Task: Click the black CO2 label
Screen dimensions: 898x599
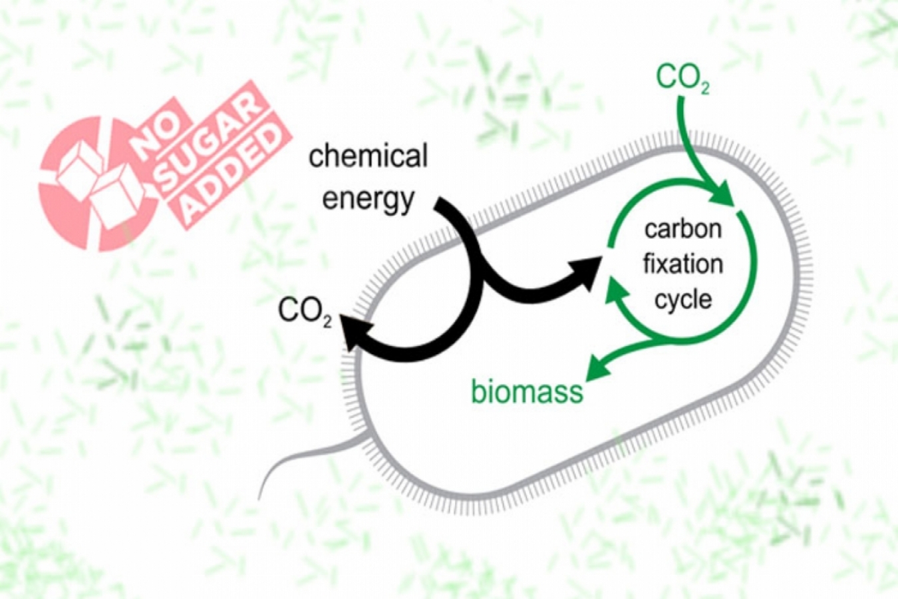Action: point(305,312)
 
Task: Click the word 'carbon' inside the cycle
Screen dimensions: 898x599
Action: point(683,229)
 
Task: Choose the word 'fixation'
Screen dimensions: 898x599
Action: point(683,264)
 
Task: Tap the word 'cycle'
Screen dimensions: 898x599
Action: point(683,299)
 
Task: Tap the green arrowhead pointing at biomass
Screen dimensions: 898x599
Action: point(599,368)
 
